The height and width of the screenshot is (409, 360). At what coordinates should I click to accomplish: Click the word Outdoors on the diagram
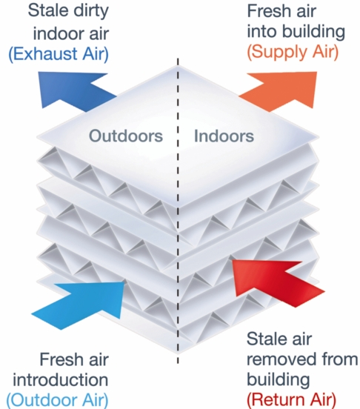point(126,136)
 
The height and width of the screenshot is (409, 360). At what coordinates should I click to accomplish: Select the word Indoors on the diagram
point(224,136)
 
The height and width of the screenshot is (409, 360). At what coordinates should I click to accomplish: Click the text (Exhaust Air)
point(59,54)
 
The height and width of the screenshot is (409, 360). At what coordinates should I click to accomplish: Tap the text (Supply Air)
point(293,52)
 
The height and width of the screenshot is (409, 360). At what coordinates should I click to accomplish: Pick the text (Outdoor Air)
point(57,399)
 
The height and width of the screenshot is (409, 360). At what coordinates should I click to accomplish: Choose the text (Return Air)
point(291,399)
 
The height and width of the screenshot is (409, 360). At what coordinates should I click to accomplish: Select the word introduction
point(61,379)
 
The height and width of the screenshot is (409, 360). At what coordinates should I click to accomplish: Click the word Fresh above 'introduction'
point(60,359)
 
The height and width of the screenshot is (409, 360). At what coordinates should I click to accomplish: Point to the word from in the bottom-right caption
point(340,359)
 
